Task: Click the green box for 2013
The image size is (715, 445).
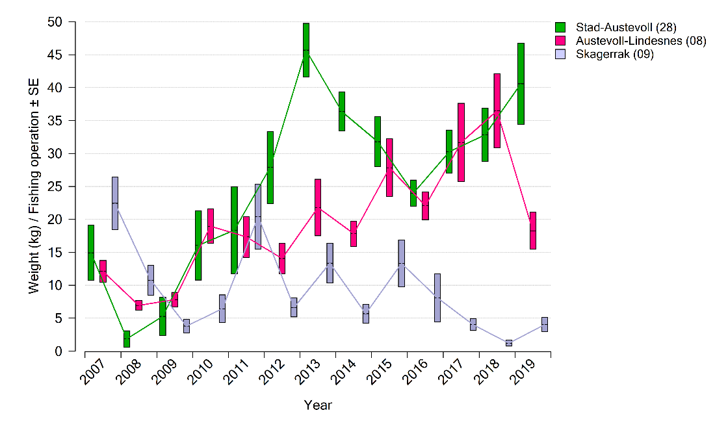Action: tap(305, 50)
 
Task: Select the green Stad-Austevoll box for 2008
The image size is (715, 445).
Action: tap(127, 338)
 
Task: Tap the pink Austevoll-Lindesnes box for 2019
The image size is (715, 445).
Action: tap(533, 231)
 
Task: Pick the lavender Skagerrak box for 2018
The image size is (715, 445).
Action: tap(509, 342)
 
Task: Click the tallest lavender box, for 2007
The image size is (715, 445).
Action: tap(115, 203)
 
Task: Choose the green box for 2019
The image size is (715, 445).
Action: tap(521, 84)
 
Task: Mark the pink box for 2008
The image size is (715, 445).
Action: tap(138, 305)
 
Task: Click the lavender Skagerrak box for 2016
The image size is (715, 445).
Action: tap(437, 298)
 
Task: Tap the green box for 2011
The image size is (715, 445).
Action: tap(234, 230)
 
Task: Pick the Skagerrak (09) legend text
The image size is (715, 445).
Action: tap(614, 55)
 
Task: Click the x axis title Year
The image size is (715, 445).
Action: tap(318, 405)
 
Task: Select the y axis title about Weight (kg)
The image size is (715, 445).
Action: tap(34, 186)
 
